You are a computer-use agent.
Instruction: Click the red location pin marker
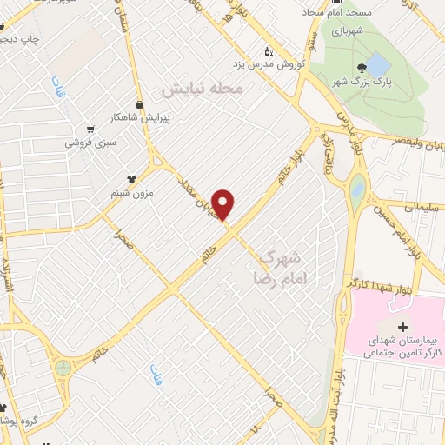pos(224,204)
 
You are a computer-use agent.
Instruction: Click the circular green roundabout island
pos(63,369)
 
